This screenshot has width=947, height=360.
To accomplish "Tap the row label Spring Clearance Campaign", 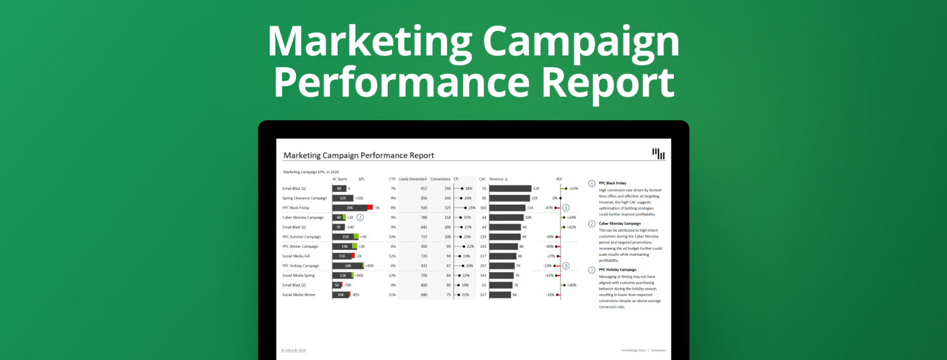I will coord(305,198).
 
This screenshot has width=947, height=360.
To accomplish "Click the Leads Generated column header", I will coord(412,179).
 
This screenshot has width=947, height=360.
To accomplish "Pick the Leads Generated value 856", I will coord(423,198).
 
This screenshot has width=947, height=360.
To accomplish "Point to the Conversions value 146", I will coord(446,189).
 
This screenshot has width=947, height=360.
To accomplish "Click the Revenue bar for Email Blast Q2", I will coord(510,189).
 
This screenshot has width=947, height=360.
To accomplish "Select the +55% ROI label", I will coord(573,189).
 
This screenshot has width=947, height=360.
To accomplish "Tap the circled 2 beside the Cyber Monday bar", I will coord(360,218).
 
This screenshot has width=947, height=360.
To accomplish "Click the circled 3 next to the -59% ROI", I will coord(566,266).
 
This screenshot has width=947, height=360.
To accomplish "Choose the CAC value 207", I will coord(483,266).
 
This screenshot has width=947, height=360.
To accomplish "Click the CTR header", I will coord(392,179).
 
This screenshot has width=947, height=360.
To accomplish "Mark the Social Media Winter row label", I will coord(299,295).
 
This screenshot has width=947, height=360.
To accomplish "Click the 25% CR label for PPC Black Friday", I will coord(472,208).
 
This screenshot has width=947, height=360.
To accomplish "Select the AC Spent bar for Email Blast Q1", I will coord(337,285).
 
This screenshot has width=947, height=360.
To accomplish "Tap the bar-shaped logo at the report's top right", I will coord(658,153).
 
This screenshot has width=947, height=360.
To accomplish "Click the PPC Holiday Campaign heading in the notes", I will coord(617,269).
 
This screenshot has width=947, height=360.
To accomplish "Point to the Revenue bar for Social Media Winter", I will coord(500,295).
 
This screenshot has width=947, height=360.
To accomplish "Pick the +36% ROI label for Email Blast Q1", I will coord(572,285).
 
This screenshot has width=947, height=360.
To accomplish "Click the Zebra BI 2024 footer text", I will coord(293,350).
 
